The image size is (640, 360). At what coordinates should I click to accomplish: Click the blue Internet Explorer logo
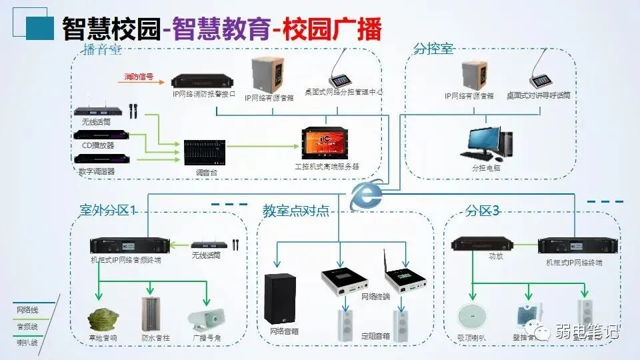364,195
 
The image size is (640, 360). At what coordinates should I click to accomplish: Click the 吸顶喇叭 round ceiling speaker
471,315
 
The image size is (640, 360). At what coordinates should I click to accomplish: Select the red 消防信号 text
139,77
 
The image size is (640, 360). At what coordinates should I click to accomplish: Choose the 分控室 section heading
433,49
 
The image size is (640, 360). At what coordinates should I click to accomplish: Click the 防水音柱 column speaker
153,313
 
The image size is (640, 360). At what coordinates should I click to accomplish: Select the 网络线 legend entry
27,310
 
